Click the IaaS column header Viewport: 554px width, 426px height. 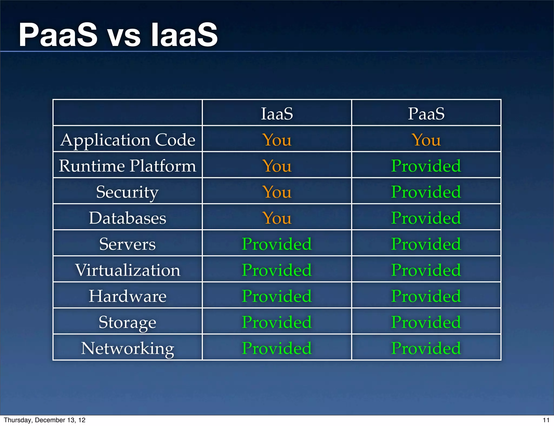(277, 114)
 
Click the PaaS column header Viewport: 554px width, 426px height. (426, 114)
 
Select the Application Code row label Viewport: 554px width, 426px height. (128, 140)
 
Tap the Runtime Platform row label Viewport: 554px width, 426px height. (127, 166)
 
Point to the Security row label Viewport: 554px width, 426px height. (127, 192)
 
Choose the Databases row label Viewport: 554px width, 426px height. (127, 218)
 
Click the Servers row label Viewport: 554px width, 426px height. (127, 244)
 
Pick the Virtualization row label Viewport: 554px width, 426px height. (127, 270)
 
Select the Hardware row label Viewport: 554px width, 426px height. (127, 296)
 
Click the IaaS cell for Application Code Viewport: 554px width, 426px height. (277, 140)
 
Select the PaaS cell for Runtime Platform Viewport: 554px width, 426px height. (426, 166)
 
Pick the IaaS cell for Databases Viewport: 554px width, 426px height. (277, 218)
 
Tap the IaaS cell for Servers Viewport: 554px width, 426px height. (277, 244)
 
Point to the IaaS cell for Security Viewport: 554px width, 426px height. (277, 192)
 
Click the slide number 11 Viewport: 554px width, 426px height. (546, 420)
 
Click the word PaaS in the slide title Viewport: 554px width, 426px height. (58, 35)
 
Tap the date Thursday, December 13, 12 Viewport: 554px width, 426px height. (45, 420)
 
